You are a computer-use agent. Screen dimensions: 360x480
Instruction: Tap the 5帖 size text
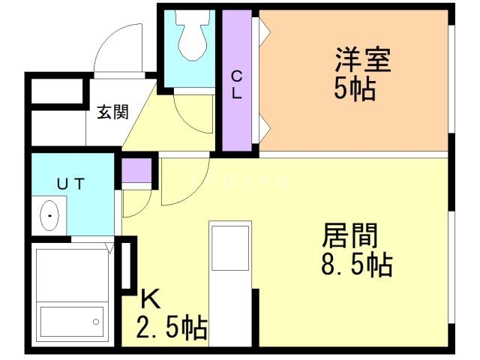[355, 90]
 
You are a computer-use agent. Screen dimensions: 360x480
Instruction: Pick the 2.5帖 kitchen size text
[172, 328]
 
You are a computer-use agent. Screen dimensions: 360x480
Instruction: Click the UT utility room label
[72, 182]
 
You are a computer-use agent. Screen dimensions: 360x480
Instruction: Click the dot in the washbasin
[49, 216]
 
